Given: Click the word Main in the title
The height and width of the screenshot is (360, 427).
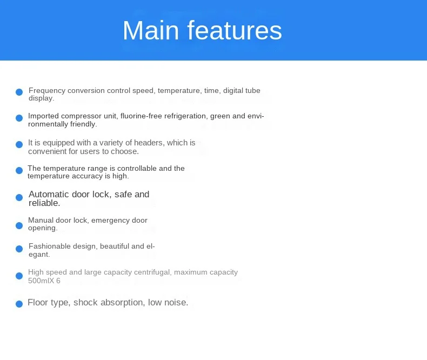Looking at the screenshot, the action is pos(151,30).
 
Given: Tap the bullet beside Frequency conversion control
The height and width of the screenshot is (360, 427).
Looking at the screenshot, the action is pos(19,92).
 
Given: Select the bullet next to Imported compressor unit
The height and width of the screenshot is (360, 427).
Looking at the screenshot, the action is pos(19,118).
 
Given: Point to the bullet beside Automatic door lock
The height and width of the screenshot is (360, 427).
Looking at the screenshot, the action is pos(19,197).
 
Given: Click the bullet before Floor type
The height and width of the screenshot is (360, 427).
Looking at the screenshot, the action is pos(19,304).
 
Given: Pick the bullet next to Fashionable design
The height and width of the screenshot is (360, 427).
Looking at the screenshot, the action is pos(19,249).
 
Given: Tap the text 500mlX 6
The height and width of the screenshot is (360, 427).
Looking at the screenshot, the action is pos(44,281).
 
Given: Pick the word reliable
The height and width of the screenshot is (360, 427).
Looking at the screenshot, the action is pos(44,203).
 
